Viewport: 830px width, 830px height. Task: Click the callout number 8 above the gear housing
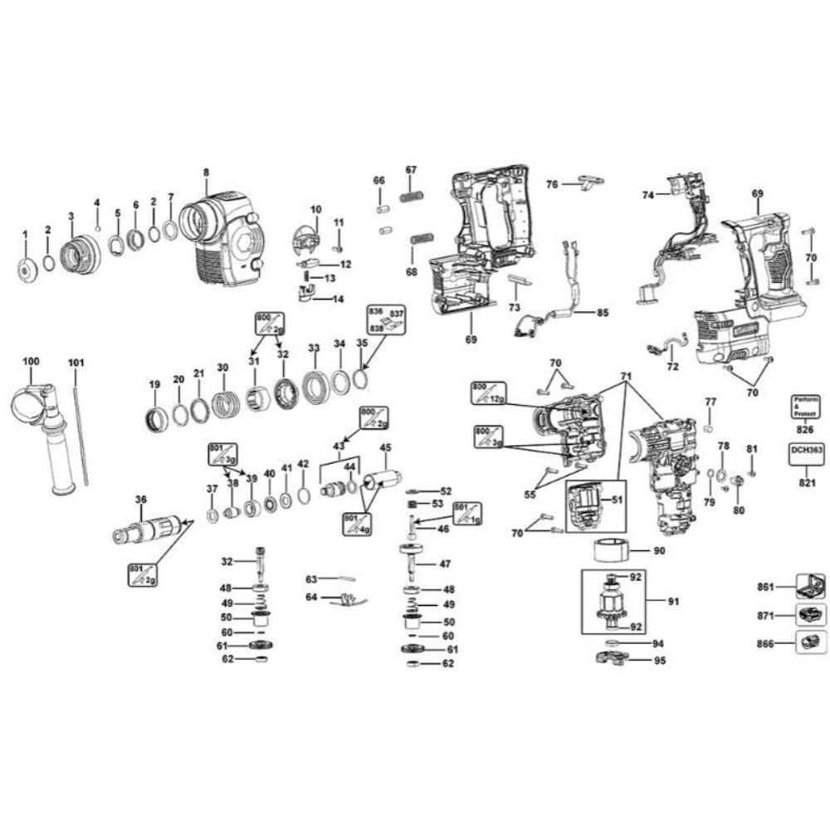coord(206,173)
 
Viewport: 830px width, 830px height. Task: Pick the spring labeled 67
coord(412,197)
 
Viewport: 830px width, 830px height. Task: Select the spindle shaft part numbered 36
coord(147,529)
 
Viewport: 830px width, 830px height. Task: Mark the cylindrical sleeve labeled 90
coord(613,549)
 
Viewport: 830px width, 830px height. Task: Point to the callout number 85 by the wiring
coord(601,313)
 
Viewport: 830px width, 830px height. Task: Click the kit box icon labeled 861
coord(809,587)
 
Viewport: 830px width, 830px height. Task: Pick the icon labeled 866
coord(809,642)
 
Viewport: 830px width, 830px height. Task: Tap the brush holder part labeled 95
coord(611,661)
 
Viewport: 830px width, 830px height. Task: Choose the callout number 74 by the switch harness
coord(648,194)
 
